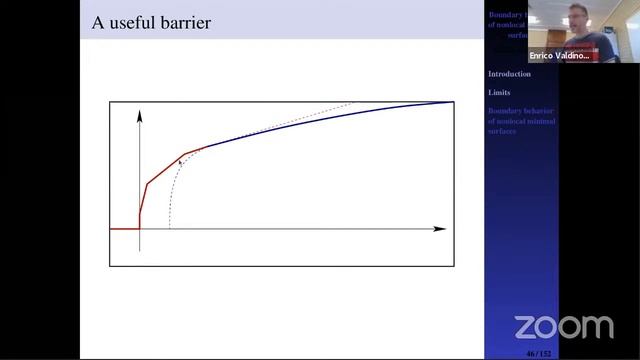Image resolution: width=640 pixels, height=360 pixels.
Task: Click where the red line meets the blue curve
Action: click(x=205, y=147)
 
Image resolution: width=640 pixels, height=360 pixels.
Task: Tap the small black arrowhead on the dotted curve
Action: click(x=180, y=160)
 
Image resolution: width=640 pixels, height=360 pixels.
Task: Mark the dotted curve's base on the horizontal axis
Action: click(x=170, y=228)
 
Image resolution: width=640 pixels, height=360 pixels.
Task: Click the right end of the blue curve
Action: click(x=452, y=102)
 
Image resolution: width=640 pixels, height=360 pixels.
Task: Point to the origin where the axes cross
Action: click(x=140, y=229)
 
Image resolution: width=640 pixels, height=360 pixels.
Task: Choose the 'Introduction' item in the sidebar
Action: click(x=509, y=74)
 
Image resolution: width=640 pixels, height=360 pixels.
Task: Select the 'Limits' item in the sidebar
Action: click(x=499, y=92)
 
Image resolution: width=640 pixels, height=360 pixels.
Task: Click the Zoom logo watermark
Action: click(x=563, y=326)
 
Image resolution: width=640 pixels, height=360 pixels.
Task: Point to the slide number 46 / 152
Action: click(x=537, y=353)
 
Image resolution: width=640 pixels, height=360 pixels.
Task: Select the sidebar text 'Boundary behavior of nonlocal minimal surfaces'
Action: click(x=521, y=120)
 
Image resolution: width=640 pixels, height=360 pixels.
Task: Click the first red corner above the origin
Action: click(x=148, y=184)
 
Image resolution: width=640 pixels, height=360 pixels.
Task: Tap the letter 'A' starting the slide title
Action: click(x=98, y=22)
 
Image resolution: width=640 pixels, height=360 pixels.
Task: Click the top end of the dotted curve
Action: click(x=352, y=102)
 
